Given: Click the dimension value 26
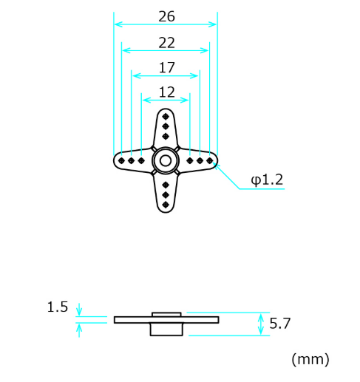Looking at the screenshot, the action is [166, 16].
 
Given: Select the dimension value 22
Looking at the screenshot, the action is [166, 43].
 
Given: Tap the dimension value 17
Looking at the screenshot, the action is [167, 67].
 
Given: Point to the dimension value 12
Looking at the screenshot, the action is [167, 92].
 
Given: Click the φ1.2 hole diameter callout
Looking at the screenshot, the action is [267, 180].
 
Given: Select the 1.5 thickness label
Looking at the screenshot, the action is [58, 307].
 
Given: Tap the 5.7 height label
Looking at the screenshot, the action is [280, 323].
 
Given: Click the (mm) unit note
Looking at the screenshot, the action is [310, 359].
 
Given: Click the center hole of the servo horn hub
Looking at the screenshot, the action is [166, 160].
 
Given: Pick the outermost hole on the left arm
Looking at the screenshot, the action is [121, 160].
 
